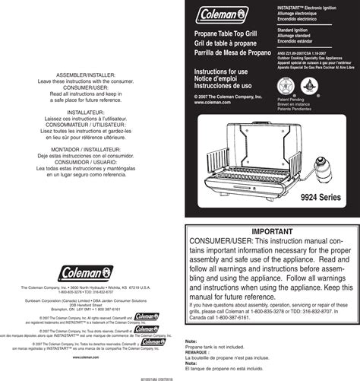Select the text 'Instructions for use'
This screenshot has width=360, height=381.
(x=221, y=71)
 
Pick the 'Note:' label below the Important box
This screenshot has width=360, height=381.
(x=191, y=342)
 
